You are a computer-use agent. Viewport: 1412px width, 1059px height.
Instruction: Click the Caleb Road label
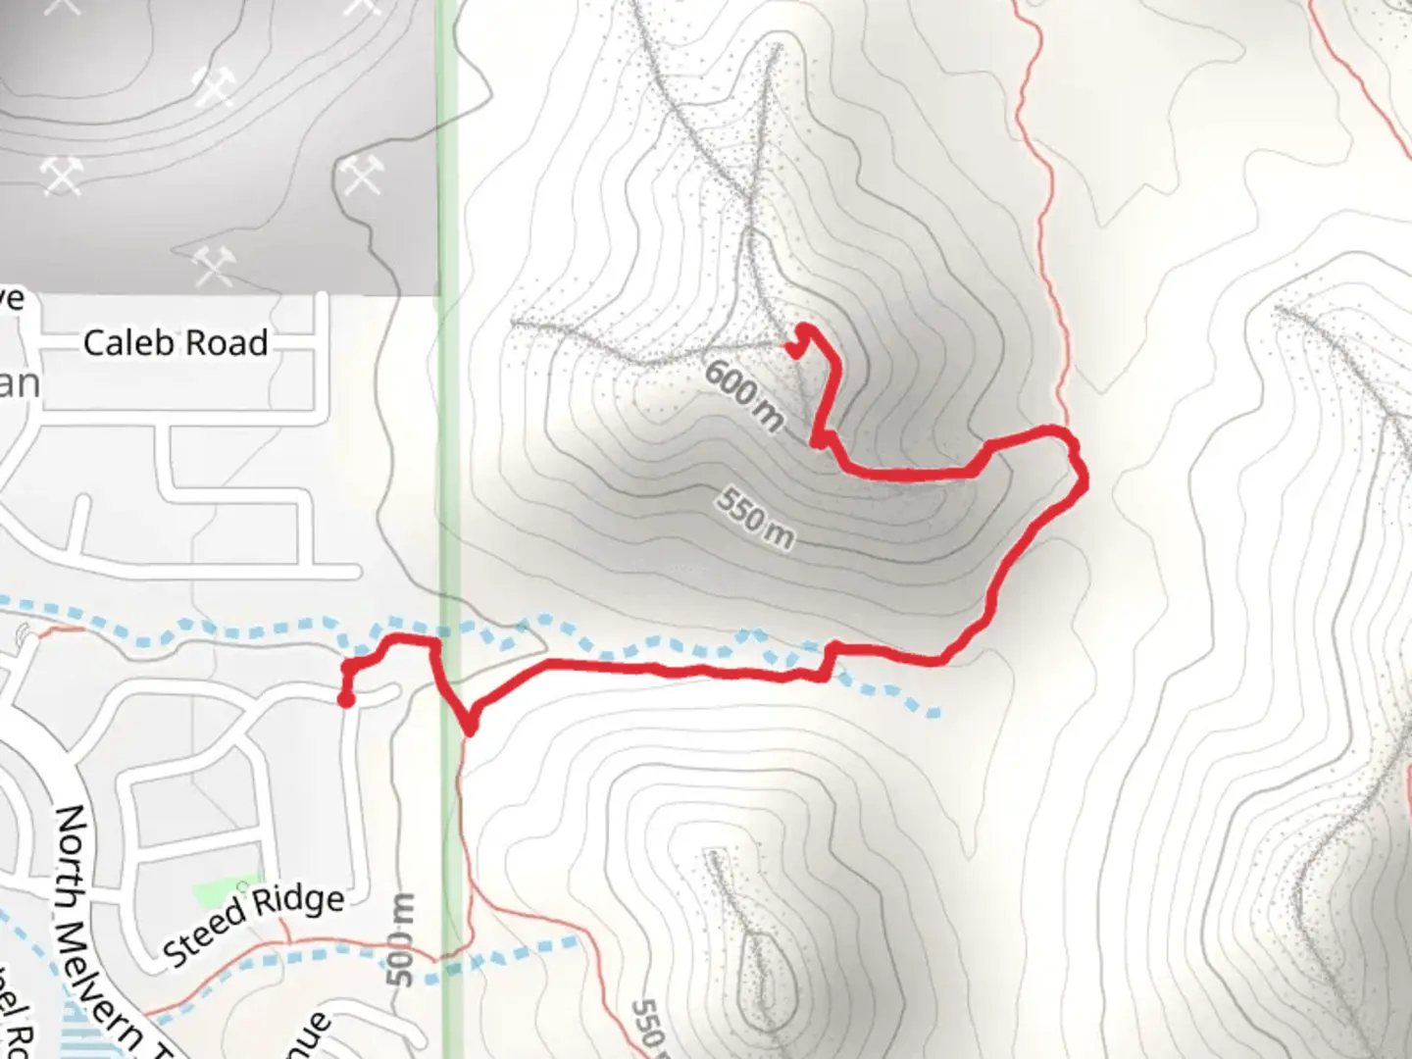point(176,343)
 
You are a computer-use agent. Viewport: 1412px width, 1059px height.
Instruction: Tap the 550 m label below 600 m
point(754,517)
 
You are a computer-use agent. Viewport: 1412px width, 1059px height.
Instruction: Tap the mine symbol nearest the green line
point(361,176)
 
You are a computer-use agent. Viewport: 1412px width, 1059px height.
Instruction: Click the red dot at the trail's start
point(345,699)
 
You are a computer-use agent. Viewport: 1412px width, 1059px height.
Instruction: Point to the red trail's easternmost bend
point(1084,479)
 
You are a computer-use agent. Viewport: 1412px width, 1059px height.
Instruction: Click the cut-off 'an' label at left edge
point(20,383)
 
